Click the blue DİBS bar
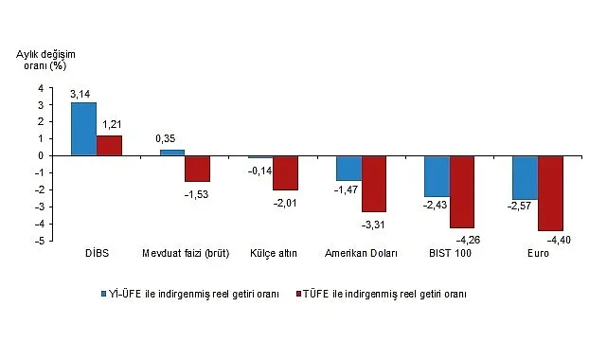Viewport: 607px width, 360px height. [x=83, y=129]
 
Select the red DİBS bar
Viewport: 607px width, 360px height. [x=109, y=146]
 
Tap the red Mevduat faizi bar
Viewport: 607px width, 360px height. [x=197, y=169]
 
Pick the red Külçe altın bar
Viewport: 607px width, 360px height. [x=286, y=173]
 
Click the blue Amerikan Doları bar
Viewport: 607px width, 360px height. [x=348, y=169]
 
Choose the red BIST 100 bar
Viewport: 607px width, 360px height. [x=462, y=192]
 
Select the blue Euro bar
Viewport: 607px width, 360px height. [x=526, y=178]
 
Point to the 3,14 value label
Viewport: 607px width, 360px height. [x=80, y=94]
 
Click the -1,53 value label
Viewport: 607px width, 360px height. [x=196, y=194]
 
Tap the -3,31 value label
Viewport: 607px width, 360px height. [x=373, y=225]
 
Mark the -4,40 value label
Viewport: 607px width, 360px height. [x=559, y=241]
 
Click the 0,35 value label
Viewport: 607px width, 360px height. [x=166, y=138]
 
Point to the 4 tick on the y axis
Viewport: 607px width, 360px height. [x=41, y=88]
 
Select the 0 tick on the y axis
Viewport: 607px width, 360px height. [x=41, y=155]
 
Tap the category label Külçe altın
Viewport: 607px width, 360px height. [x=274, y=253]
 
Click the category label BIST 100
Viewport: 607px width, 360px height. [x=450, y=253]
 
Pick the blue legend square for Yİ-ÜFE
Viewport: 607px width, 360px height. [x=103, y=294]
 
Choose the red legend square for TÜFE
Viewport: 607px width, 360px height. [x=298, y=294]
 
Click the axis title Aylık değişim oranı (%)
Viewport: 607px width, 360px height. [x=45, y=60]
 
